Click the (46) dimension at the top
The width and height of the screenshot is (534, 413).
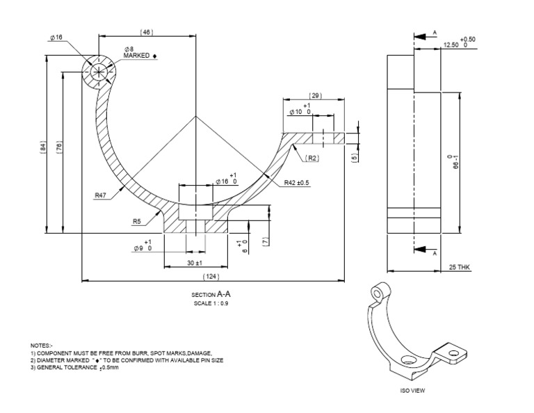146,32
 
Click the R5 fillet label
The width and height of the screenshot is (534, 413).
137,222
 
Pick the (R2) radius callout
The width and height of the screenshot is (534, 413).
312,159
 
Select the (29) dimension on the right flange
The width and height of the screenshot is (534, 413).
316,96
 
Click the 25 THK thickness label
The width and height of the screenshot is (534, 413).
459,267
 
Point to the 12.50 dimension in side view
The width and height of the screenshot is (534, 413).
452,45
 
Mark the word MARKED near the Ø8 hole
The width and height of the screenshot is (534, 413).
136,55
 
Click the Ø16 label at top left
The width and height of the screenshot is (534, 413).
56,37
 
